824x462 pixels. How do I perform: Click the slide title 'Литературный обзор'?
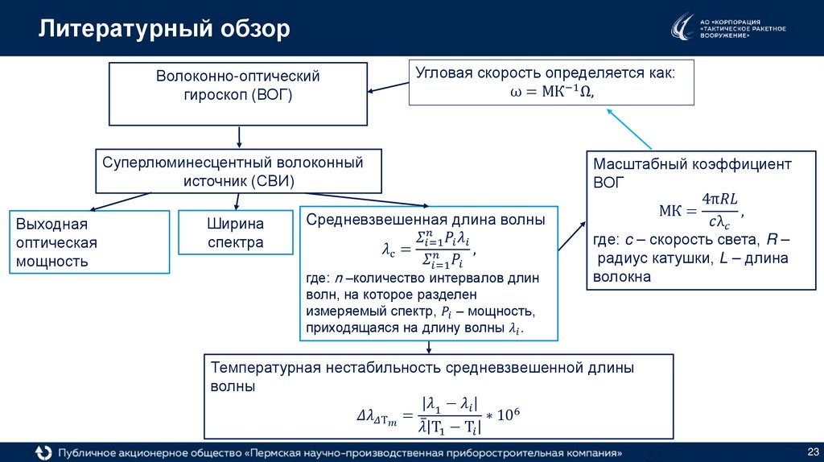pyautogui.click(x=164, y=30)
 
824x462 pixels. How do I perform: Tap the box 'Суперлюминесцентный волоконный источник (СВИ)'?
pyautogui.click(x=237, y=171)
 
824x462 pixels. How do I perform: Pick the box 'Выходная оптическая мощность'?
pyautogui.click(x=89, y=242)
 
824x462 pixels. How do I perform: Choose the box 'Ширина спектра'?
pyautogui.click(x=236, y=233)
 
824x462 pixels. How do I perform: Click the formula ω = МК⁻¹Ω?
pyautogui.click(x=551, y=92)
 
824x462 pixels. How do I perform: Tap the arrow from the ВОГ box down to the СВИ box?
pyautogui.click(x=239, y=136)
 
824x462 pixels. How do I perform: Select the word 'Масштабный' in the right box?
pyautogui.click(x=637, y=163)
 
